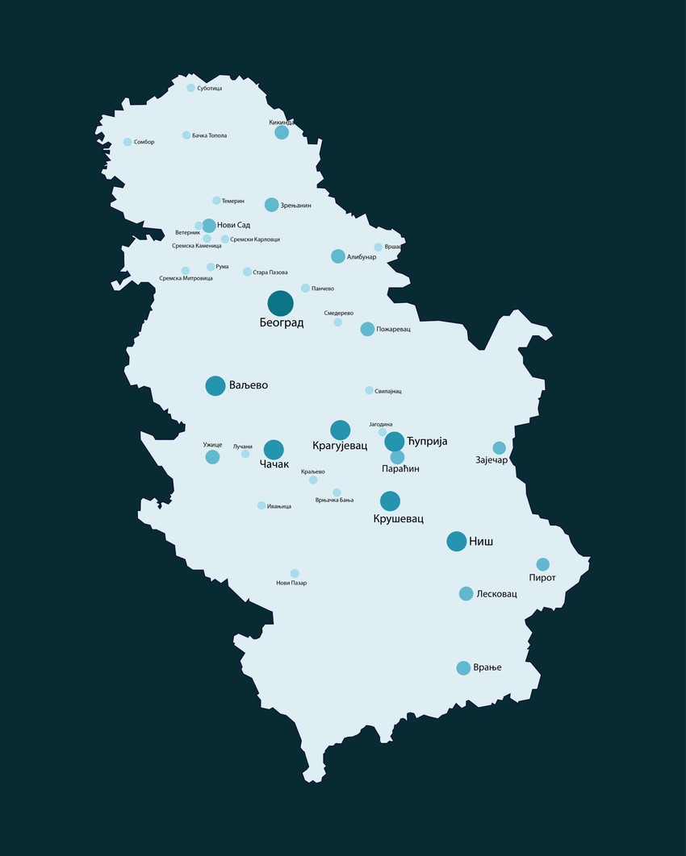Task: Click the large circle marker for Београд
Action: tap(280, 303)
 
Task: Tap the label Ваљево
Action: tap(248, 385)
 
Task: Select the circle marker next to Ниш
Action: tap(456, 541)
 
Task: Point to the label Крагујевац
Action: tap(339, 445)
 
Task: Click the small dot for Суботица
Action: tap(190, 88)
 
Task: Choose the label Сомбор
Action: tap(144, 142)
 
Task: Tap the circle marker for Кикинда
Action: tap(282, 132)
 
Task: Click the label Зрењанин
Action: tap(295, 206)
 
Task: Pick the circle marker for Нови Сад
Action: tap(209, 226)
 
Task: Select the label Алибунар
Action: tap(362, 257)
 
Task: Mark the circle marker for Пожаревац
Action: tap(367, 329)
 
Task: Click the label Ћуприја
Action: tap(427, 442)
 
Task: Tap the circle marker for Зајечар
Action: tap(499, 448)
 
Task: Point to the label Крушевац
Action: tap(399, 519)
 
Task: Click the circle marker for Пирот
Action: tap(542, 564)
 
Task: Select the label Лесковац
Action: tap(496, 594)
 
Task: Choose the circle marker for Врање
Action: tap(463, 667)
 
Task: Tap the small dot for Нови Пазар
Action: tap(295, 573)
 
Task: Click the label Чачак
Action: tap(274, 465)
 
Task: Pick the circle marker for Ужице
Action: tap(212, 457)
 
